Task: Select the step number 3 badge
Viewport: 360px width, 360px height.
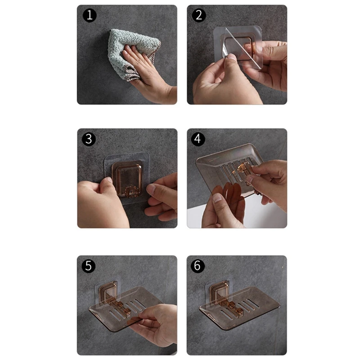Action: pyautogui.click(x=89, y=139)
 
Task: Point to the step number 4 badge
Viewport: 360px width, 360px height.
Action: pyautogui.click(x=198, y=139)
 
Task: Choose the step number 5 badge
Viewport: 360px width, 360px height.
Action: pyautogui.click(x=89, y=266)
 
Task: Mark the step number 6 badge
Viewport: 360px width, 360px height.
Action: pyautogui.click(x=198, y=266)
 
